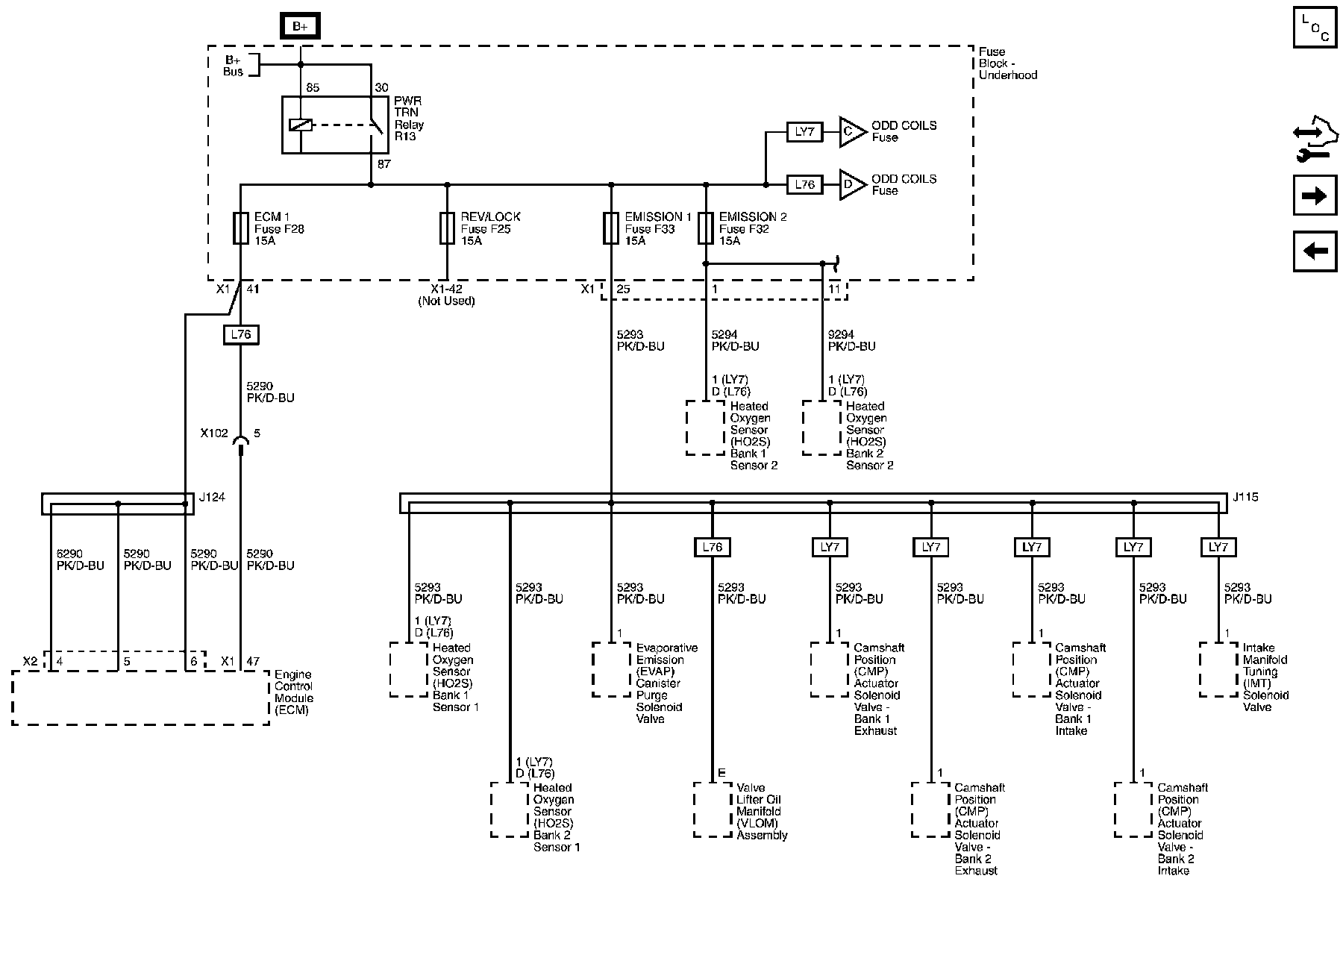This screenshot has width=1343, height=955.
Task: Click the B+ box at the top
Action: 300,27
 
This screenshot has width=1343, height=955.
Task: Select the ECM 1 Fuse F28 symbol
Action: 240,228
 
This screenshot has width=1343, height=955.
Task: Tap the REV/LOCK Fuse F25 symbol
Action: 447,228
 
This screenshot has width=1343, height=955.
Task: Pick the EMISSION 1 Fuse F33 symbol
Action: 611,228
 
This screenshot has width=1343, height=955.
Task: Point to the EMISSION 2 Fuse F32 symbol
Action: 706,228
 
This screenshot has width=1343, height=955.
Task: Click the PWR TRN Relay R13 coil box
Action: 301,125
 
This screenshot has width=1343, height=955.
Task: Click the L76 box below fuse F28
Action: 240,335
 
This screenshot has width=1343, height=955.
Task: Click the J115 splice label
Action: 1245,497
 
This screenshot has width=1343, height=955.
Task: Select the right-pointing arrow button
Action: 1315,196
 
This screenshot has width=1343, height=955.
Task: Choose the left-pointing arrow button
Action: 1315,251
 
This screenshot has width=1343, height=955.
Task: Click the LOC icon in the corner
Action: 1315,27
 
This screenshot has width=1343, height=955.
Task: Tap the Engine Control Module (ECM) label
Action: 293,692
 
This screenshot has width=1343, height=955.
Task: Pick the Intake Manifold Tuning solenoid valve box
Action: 1218,669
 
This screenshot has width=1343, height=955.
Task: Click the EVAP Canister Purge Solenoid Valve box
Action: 612,669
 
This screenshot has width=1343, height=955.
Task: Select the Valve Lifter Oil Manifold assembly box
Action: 713,810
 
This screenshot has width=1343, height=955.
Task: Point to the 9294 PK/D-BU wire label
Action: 851,341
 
